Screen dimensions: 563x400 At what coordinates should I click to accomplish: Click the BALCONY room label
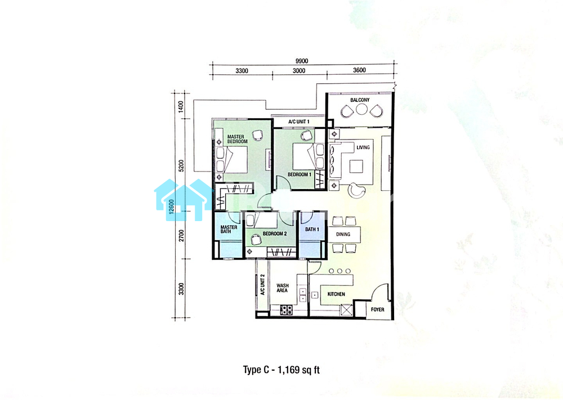(x=360, y=100)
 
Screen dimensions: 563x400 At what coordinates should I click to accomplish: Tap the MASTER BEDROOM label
(x=238, y=139)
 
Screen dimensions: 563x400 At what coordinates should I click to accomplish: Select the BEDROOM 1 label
(x=300, y=175)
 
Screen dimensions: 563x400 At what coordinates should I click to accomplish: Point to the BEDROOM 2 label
(x=275, y=233)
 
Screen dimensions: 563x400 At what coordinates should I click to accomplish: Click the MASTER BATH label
(x=229, y=229)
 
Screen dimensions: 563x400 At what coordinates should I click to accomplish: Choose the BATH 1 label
(x=312, y=229)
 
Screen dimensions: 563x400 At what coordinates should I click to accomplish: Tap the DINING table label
(x=343, y=234)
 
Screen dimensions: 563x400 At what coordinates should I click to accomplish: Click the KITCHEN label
(x=336, y=294)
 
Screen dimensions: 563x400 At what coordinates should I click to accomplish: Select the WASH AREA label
(x=282, y=288)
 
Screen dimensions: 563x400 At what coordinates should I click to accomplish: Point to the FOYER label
(x=377, y=309)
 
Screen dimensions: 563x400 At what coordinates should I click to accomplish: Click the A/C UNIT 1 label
(x=299, y=122)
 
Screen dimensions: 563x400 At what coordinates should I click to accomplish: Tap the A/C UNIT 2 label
(x=262, y=285)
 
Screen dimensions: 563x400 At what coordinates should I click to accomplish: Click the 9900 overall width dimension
(x=302, y=61)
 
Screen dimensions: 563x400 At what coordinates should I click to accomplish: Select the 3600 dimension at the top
(x=359, y=70)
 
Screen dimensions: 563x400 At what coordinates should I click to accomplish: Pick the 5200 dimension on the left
(x=181, y=166)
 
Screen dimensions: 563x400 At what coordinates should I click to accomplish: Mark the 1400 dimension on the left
(x=181, y=106)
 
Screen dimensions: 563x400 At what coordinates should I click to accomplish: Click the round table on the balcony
(x=361, y=109)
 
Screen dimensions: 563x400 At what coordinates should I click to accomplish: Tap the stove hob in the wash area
(x=286, y=310)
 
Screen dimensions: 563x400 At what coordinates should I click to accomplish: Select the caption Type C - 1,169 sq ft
(x=281, y=370)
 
